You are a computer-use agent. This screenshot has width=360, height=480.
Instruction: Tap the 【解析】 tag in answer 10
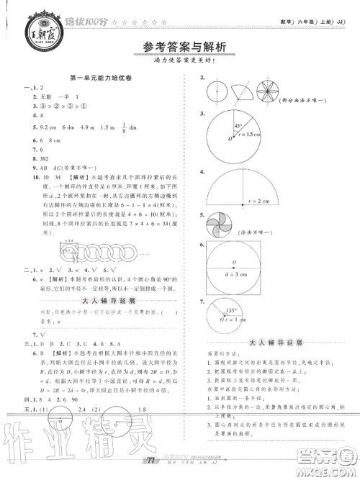[70, 174]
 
